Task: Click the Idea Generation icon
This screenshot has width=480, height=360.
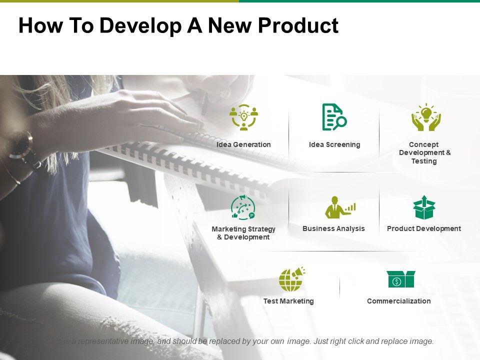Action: pyautogui.click(x=243, y=117)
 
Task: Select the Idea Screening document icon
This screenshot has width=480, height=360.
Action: pyautogui.click(x=334, y=117)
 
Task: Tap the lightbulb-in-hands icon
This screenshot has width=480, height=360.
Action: pyautogui.click(x=426, y=117)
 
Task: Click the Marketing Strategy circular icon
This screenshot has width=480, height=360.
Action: pyautogui.click(x=243, y=207)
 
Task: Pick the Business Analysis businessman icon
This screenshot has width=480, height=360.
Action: pyautogui.click(x=339, y=207)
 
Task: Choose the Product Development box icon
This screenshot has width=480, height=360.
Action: pyautogui.click(x=424, y=207)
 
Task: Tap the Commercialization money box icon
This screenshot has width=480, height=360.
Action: pyautogui.click(x=400, y=279)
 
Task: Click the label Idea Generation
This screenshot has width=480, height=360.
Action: pyautogui.click(x=243, y=144)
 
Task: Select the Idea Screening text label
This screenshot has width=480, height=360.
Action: pyautogui.click(x=334, y=144)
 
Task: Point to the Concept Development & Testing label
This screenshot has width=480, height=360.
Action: pyautogui.click(x=424, y=152)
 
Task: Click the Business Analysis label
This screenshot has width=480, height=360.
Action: pyautogui.click(x=333, y=228)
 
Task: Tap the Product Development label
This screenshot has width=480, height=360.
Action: pyautogui.click(x=424, y=228)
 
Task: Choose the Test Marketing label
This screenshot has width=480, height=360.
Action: pyautogui.click(x=288, y=301)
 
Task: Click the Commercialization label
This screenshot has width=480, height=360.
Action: pyautogui.click(x=398, y=301)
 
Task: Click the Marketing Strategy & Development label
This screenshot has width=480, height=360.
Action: pyautogui.click(x=243, y=233)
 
